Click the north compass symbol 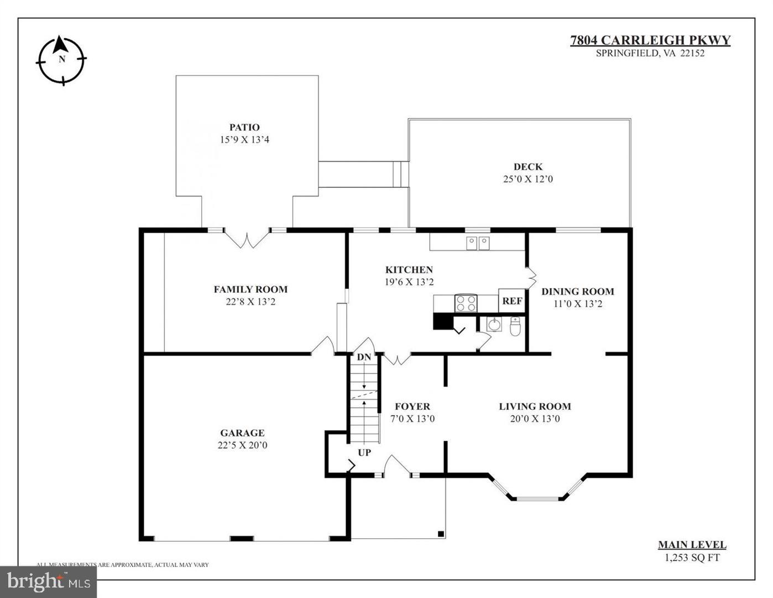(61, 60)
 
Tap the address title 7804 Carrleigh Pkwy (650, 40)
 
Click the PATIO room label (244, 127)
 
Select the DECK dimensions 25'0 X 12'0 (527, 179)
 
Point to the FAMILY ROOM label (250, 289)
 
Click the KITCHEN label (409, 270)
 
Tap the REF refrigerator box (511, 301)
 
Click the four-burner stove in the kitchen (466, 303)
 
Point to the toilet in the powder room (515, 327)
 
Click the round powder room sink (494, 324)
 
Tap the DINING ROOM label (577, 291)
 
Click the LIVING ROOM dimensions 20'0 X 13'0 (535, 419)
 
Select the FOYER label (412, 406)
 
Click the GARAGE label (242, 433)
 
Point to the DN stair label (364, 357)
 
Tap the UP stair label (364, 452)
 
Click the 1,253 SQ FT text (692, 558)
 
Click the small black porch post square (441, 534)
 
